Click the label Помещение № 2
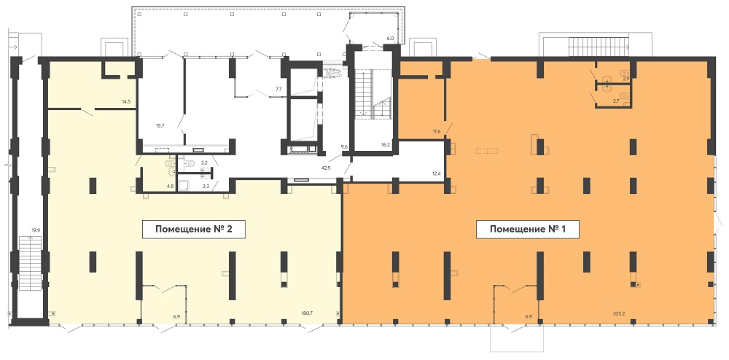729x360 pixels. click(193, 229)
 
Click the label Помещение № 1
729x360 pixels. click(527, 229)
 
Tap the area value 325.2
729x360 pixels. click(618, 313)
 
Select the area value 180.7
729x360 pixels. click(307, 313)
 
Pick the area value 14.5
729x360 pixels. click(126, 101)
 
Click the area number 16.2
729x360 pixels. click(385, 145)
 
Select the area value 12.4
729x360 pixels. click(436, 173)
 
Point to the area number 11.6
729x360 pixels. click(436, 131)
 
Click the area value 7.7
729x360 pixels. click(278, 87)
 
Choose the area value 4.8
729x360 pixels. click(170, 187)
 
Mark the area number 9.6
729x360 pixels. click(345, 147)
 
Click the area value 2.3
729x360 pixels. click(207, 187)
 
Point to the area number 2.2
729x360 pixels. click(203, 163)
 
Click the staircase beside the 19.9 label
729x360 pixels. click(30, 263)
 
